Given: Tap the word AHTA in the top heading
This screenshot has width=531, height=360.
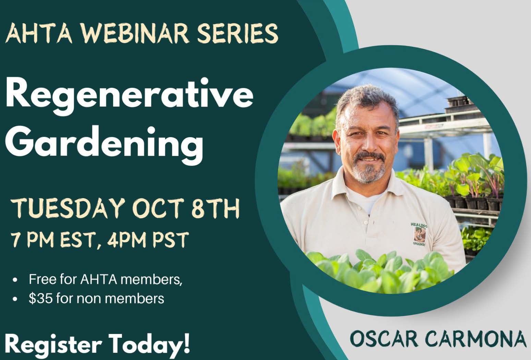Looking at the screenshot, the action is [x=39, y=33].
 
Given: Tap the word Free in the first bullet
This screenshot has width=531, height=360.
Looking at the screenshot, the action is [x=43, y=279].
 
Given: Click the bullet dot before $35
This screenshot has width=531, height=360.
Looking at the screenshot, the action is [x=15, y=299].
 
